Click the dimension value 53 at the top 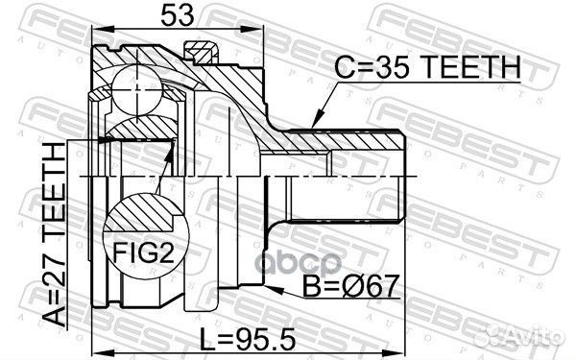point(177,15)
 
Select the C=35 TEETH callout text point(427,67)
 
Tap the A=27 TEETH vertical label point(54,234)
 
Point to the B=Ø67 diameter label point(351,286)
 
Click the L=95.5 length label point(248,339)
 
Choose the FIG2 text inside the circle point(143,252)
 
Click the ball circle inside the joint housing point(136,90)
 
